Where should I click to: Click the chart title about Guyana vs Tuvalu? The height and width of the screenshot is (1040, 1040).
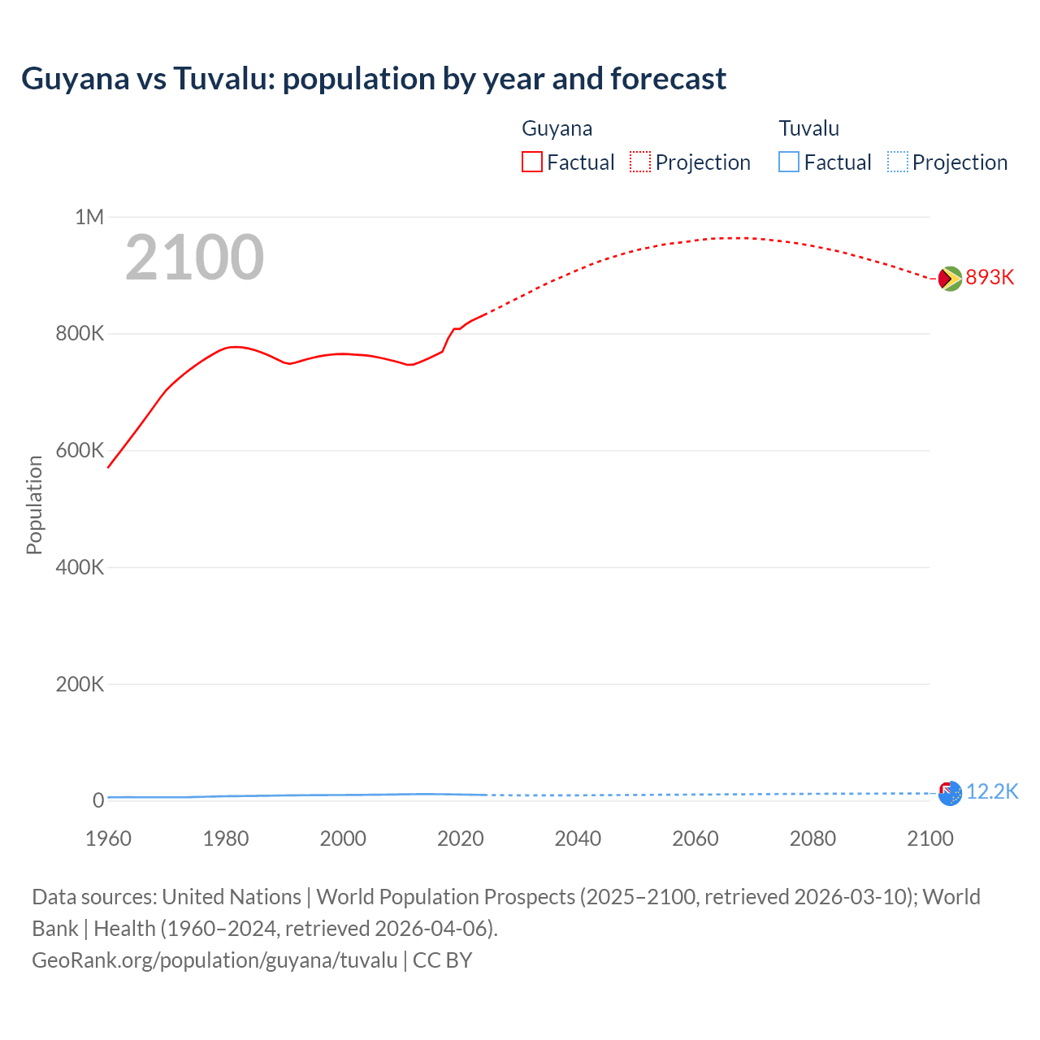point(374,79)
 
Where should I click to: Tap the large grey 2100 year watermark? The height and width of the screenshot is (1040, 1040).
point(194,258)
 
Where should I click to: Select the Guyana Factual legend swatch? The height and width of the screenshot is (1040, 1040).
point(531,162)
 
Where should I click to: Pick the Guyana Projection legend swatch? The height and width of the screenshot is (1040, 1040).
point(640,162)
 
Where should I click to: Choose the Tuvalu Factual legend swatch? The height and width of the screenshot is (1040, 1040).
point(789,162)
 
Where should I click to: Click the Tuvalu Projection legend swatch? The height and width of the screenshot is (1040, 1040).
point(898,162)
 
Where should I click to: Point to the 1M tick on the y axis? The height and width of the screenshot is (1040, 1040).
point(89,217)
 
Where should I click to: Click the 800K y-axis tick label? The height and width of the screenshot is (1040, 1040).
point(80,334)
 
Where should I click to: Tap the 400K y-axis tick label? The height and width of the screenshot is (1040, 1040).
point(80,567)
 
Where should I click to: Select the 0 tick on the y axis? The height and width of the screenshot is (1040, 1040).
point(98,800)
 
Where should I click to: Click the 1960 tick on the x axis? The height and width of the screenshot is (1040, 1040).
point(108,838)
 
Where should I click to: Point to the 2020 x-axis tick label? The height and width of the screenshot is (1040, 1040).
point(461,838)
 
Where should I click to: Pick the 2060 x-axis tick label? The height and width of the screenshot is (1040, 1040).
point(695,838)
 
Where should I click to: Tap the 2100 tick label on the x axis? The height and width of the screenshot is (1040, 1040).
point(930,838)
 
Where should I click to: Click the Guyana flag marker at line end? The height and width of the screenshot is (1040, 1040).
point(950,279)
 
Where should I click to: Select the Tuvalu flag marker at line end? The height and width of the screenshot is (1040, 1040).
point(950,793)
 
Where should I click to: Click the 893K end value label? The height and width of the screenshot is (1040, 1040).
point(990,278)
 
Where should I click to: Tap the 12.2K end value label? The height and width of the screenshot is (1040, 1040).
point(992,792)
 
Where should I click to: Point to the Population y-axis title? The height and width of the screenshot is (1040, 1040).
point(34,505)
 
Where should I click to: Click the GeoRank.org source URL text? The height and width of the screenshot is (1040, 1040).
point(214,960)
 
